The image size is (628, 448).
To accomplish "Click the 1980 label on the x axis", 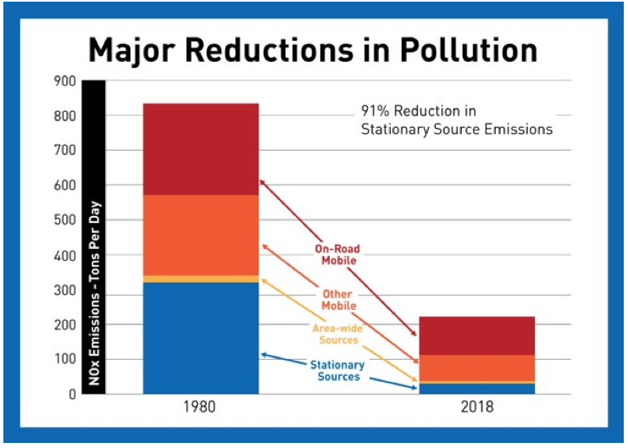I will (200, 407).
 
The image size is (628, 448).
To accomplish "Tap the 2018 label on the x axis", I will (476, 407).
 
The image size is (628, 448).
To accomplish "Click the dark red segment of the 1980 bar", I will (200, 149).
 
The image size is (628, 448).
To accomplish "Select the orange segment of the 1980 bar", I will (200, 235).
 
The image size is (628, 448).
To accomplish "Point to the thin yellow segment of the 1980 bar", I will (200, 279).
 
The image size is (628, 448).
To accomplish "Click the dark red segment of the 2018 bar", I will (476, 335).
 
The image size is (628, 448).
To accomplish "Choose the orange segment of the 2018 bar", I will (476, 368).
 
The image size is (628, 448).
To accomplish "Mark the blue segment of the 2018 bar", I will (476, 389).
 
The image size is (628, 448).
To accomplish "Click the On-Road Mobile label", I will (337, 255).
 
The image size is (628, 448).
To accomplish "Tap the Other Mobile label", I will (337, 299).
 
